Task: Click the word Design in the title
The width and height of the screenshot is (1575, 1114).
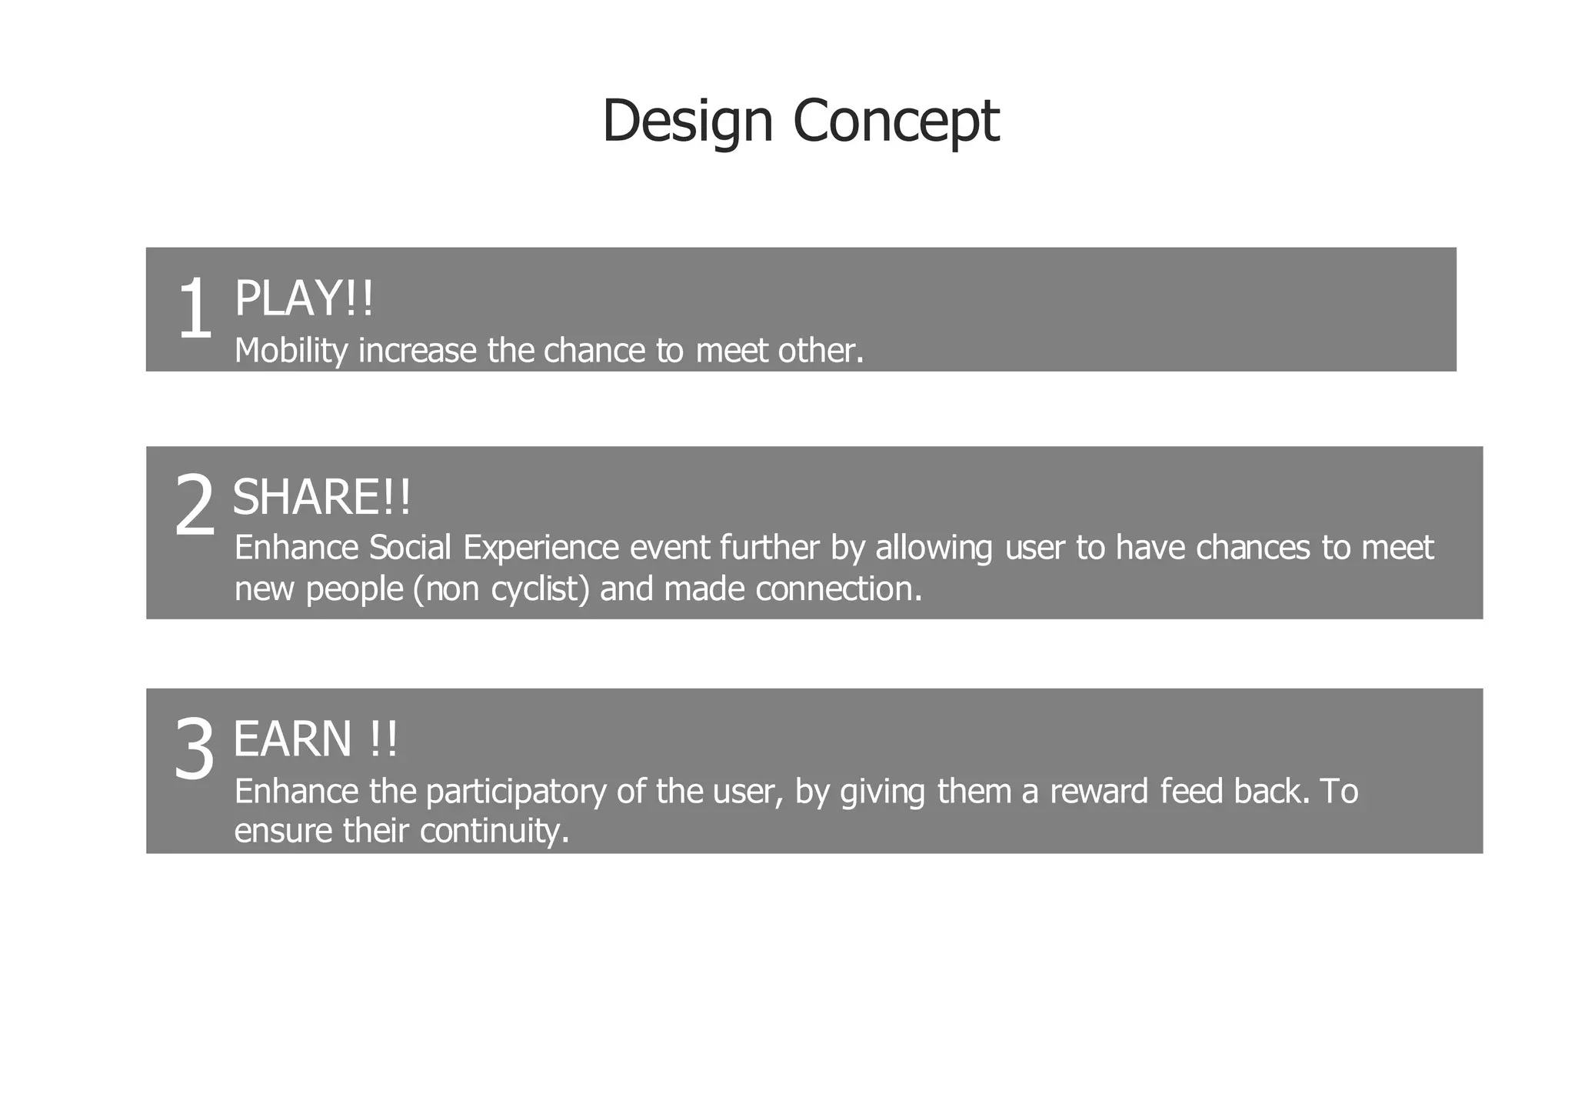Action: coord(687,121)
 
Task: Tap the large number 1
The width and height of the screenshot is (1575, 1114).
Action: coord(194,310)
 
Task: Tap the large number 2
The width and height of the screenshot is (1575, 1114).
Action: coord(194,505)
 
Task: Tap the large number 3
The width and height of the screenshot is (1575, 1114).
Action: coord(194,749)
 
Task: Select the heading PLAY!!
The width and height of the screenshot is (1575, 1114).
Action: coord(303,299)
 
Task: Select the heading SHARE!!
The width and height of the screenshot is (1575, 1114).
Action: coord(321,497)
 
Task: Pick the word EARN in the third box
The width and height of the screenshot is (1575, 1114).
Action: coord(292,739)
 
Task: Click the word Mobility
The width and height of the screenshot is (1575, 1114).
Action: coord(291,351)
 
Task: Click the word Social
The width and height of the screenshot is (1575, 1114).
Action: coord(410,548)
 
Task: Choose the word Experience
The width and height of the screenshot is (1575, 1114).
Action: coord(541,548)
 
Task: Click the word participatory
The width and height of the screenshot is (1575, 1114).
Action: coord(515,792)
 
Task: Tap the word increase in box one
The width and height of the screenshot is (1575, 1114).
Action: coord(417,351)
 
